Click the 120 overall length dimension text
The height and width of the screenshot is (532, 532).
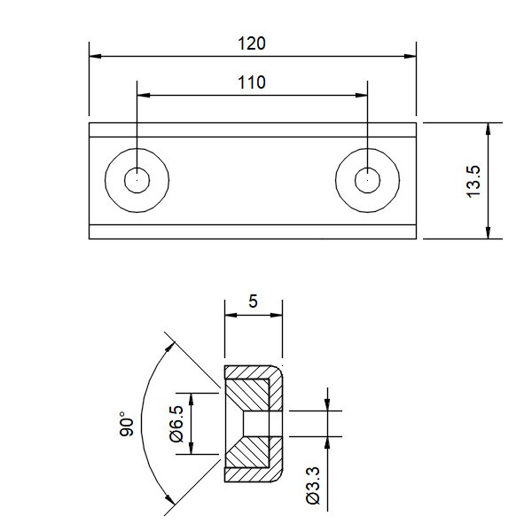coord(252,43)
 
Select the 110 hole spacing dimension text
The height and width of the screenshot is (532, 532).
coord(252,82)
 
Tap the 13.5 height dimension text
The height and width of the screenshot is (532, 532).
coord(474,181)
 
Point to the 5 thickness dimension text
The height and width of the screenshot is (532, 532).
coord(253,301)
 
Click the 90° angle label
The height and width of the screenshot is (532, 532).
coord(127,424)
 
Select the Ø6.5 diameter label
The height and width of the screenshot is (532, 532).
coord(176,424)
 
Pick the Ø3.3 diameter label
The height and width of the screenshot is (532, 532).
coord(313,486)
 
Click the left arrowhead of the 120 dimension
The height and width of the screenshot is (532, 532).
coord(95,56)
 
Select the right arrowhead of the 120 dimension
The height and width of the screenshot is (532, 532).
coord(411,56)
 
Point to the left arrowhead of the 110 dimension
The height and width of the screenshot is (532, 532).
coord(143,96)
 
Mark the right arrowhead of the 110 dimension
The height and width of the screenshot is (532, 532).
coord(362,96)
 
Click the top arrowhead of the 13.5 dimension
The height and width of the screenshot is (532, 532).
coord(488,129)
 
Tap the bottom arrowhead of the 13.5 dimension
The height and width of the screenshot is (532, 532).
coord(488,232)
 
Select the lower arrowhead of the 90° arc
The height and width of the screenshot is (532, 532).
coord(169,499)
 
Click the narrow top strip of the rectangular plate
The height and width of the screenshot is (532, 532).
coord(253,130)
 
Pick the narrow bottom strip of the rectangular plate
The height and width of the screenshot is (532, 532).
coord(253,231)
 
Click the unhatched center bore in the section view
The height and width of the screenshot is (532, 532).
coord(256,424)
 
